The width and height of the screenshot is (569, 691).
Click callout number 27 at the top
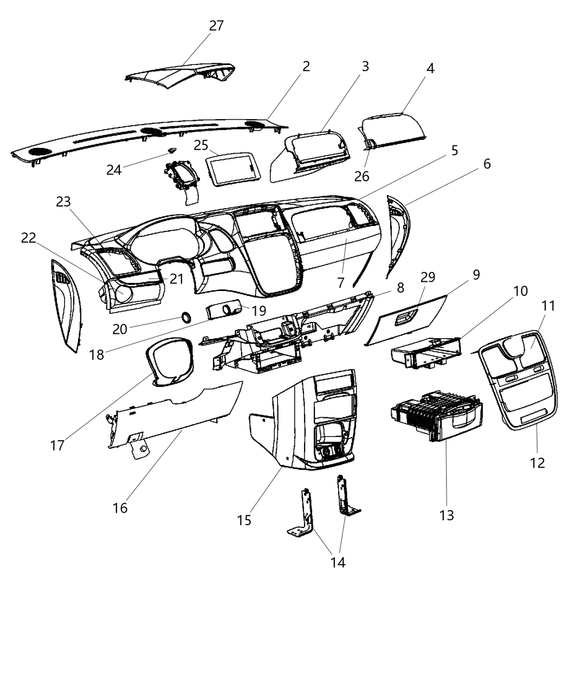[216, 25]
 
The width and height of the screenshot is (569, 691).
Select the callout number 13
[447, 514]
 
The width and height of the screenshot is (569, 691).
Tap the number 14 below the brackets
[338, 562]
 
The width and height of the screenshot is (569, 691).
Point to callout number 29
[428, 277]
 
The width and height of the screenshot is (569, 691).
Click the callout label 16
[120, 507]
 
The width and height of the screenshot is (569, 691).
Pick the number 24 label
[114, 170]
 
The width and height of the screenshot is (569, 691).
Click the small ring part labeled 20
[185, 318]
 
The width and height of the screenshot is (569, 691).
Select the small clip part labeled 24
[172, 150]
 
